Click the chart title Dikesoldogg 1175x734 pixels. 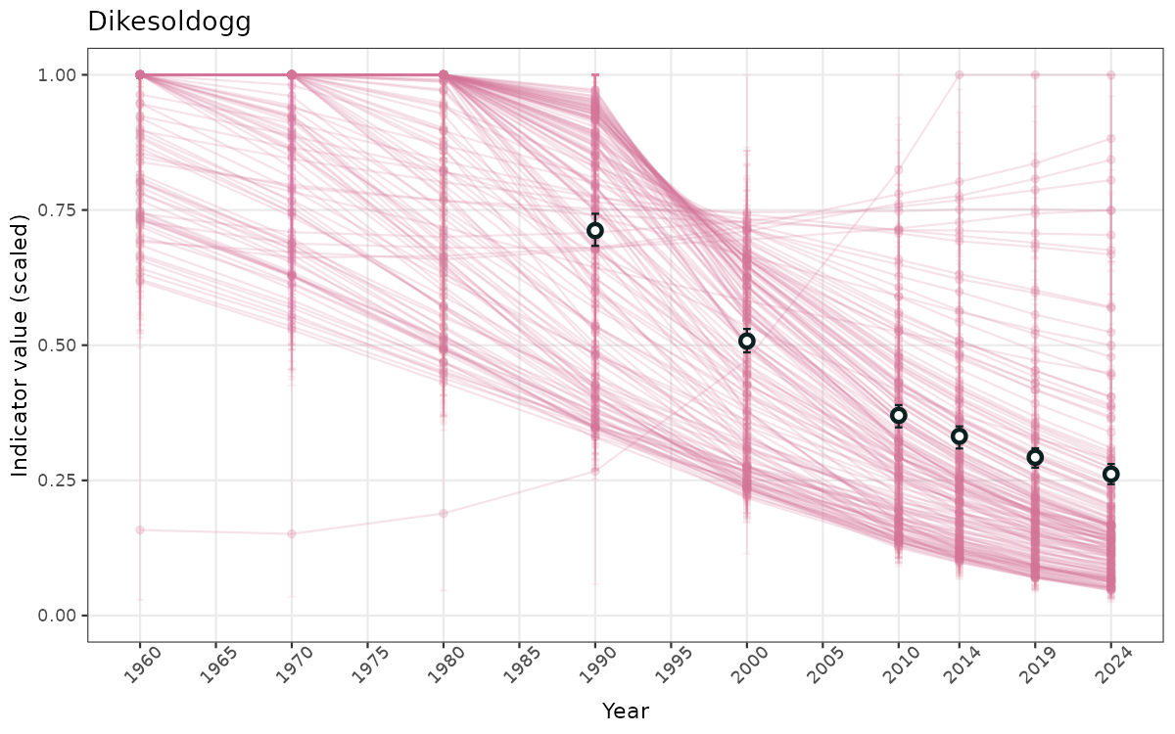point(169,22)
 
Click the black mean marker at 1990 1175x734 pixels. point(594,231)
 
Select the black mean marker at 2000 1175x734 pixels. point(747,342)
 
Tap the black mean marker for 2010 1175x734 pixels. point(898,416)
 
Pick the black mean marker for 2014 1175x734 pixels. point(960,436)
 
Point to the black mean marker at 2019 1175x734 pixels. point(1035,457)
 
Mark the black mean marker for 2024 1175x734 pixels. point(1110,475)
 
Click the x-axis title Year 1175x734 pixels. point(625,711)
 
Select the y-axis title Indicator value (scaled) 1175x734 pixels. point(21,344)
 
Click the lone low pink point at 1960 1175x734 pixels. point(140,529)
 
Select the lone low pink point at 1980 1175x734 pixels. point(444,513)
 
